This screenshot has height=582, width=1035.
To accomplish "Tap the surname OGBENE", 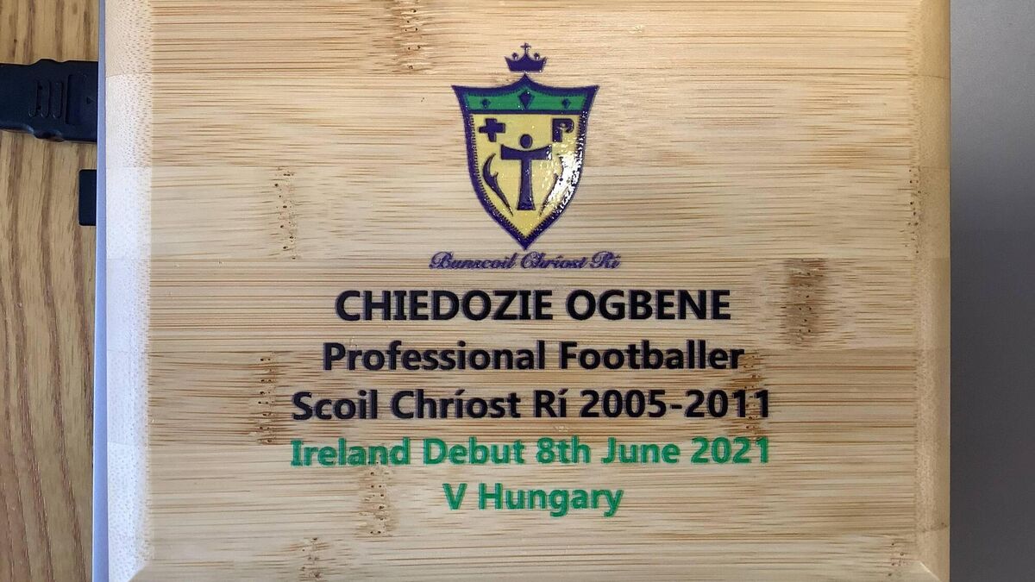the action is pos(649,305).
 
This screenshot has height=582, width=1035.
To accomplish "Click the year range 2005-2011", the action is pos(674,404).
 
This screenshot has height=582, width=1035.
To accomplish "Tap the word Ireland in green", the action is pos(350,452).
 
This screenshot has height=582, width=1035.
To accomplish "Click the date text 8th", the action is pos(562,452).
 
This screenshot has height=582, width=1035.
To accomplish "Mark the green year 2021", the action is pos(730,451).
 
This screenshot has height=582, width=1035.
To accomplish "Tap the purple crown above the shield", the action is pos(525,59).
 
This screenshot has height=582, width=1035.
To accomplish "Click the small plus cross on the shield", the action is pos(491,130).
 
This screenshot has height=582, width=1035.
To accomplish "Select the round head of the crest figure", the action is pos(526,141).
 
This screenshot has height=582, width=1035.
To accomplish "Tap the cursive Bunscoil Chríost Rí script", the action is pos(524,261).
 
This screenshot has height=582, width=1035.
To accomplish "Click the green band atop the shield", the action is pos(525,100).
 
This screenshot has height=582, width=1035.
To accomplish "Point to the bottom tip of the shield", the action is pos(525,247).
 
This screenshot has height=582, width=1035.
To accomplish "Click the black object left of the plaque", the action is pos(48,100).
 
